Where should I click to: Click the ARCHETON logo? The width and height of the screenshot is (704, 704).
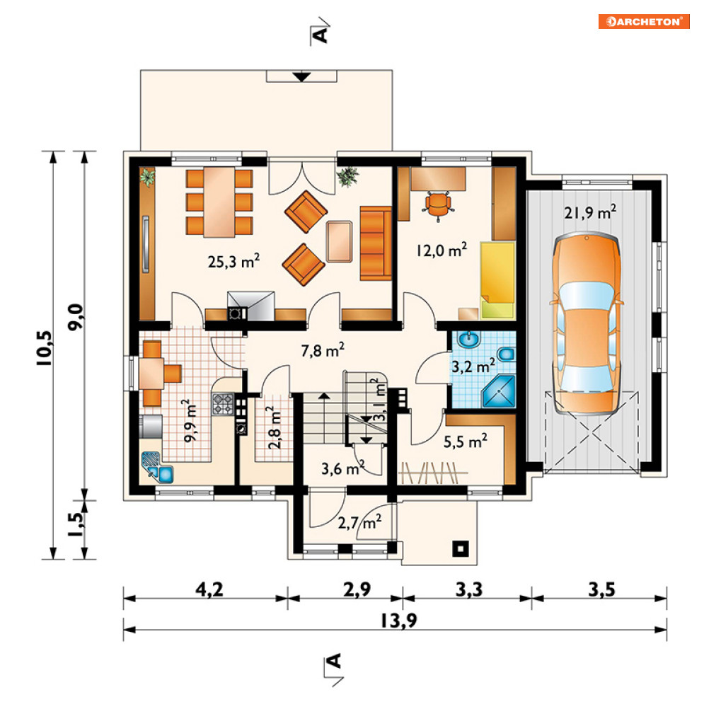pos(643,21)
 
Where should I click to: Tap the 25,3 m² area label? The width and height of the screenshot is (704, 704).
pos(233,261)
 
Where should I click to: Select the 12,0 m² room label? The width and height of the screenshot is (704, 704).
pos(442,250)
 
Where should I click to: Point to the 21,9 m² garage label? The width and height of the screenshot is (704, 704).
pos(590,212)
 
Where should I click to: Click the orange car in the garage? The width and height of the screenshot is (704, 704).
pos(587,323)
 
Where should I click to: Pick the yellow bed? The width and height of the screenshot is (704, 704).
pos(497,280)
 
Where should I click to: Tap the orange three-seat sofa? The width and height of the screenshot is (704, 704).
pos(375,243)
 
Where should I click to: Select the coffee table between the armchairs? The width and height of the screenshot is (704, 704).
pos(340,241)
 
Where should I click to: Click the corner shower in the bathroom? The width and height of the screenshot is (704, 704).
pos(499,392)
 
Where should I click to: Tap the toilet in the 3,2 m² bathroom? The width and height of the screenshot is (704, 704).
pos(506,354)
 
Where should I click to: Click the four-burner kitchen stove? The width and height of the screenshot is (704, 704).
pos(223,403)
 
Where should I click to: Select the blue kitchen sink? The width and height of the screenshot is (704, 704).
pos(158,468)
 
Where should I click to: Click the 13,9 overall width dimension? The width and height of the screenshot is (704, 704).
pos(398,621)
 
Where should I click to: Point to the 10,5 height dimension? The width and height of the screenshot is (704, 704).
pos(45,348)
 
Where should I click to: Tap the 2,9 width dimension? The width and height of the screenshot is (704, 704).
pos(357,589)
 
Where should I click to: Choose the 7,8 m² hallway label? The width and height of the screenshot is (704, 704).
pos(323,350)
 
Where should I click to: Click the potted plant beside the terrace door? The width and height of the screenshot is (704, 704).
pos(348,176)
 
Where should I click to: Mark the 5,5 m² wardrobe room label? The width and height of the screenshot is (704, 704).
pos(465,442)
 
